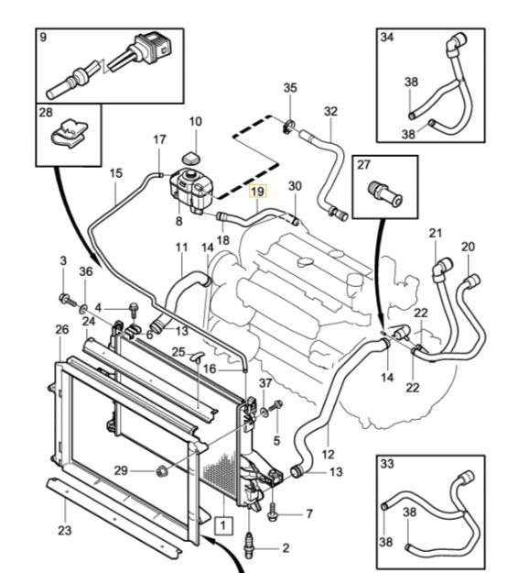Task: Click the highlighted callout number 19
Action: click(x=258, y=192)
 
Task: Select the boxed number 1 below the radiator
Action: click(x=221, y=525)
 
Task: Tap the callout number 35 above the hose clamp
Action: click(x=290, y=88)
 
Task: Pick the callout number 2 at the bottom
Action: click(x=286, y=547)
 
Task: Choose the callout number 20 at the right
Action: click(x=468, y=247)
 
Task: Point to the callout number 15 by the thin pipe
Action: click(x=115, y=173)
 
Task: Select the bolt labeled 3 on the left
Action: click(x=66, y=299)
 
